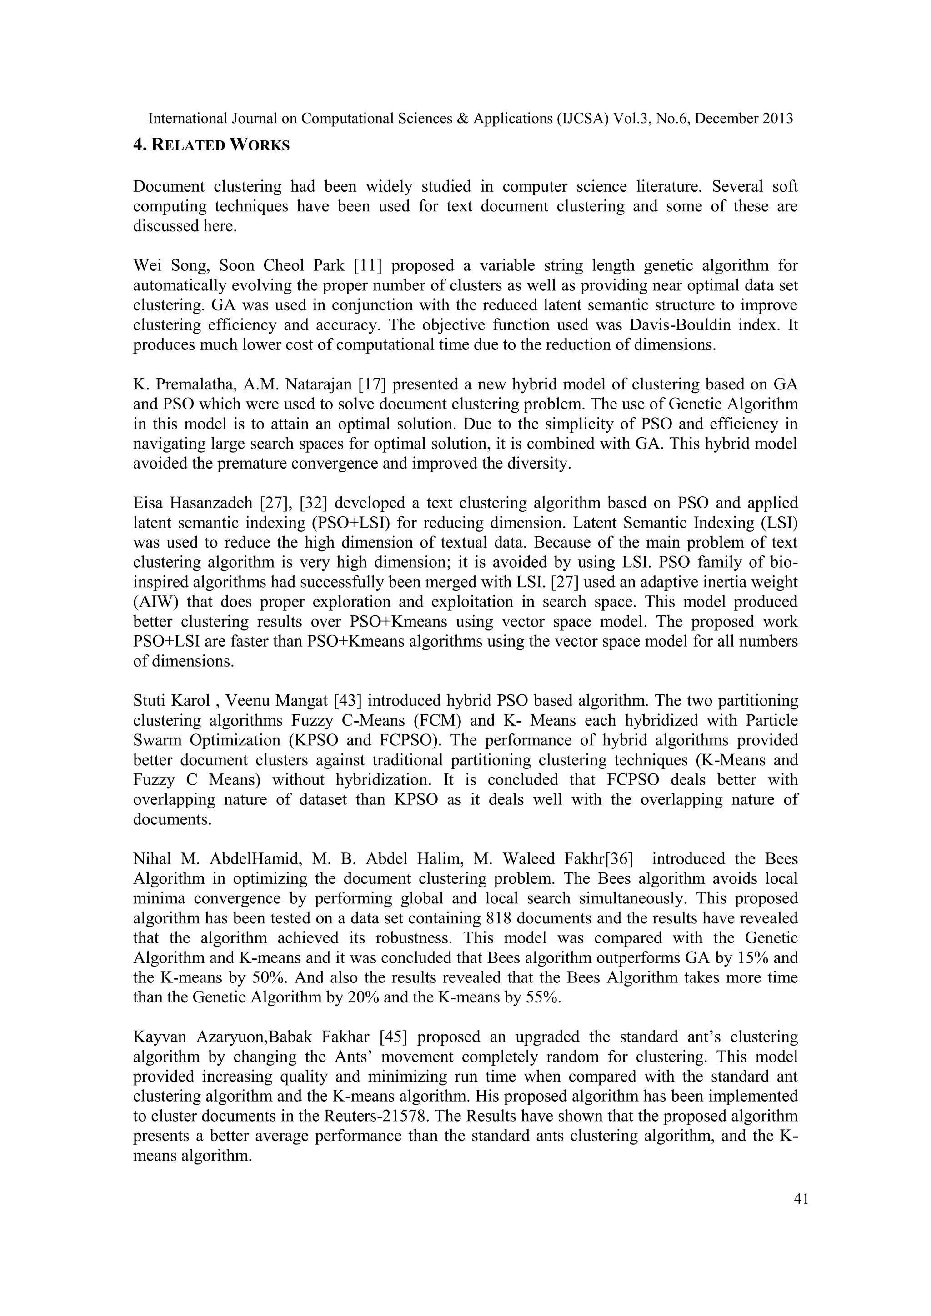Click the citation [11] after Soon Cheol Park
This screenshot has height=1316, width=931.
coord(367,266)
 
